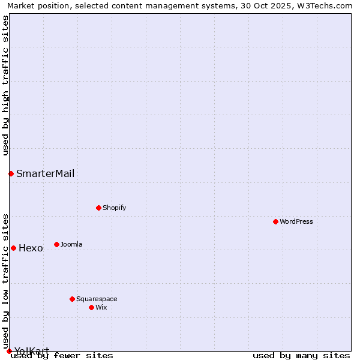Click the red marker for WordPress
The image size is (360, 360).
tap(275, 221)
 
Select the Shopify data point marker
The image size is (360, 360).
tap(98, 208)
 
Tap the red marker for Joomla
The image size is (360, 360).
tap(56, 244)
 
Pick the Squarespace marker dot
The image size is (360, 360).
tap(72, 299)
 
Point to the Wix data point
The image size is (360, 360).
tap(91, 307)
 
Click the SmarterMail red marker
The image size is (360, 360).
tap(11, 173)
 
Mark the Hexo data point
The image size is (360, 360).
tap(13, 248)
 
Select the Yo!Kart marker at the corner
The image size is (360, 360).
tap(9, 351)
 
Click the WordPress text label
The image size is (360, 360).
tap(296, 221)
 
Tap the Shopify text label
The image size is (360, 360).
tap(114, 208)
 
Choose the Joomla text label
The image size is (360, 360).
tap(71, 244)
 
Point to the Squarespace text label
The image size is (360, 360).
tap(97, 299)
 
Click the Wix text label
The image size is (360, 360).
tap(101, 307)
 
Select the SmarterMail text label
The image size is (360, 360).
tap(45, 174)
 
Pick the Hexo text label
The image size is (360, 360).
tap(31, 248)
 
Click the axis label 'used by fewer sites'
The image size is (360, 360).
tap(62, 355)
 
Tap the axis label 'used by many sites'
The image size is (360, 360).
tap(301, 355)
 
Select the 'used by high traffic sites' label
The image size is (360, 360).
tap(6, 85)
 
